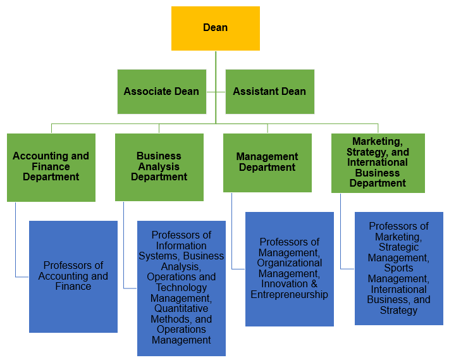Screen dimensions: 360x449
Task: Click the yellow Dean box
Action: tap(215, 28)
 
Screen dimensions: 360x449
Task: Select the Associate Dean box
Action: tap(161, 92)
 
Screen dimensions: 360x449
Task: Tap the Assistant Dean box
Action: tap(269, 92)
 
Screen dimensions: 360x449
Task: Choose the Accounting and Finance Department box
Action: tap(51, 167)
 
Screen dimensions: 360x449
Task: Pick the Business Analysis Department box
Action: tap(159, 167)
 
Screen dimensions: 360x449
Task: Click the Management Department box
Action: tap(267, 163)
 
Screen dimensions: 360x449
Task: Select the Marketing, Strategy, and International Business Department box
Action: tap(378, 163)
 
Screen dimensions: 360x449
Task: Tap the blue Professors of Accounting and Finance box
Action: tap(73, 276)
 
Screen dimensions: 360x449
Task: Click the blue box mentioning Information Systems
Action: tap(181, 288)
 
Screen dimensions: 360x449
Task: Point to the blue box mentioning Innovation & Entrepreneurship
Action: tap(289, 268)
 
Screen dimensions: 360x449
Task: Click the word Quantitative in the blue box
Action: tap(181, 308)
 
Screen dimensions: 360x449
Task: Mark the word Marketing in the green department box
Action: tap(377, 142)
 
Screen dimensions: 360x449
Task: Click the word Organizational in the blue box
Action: tap(289, 263)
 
